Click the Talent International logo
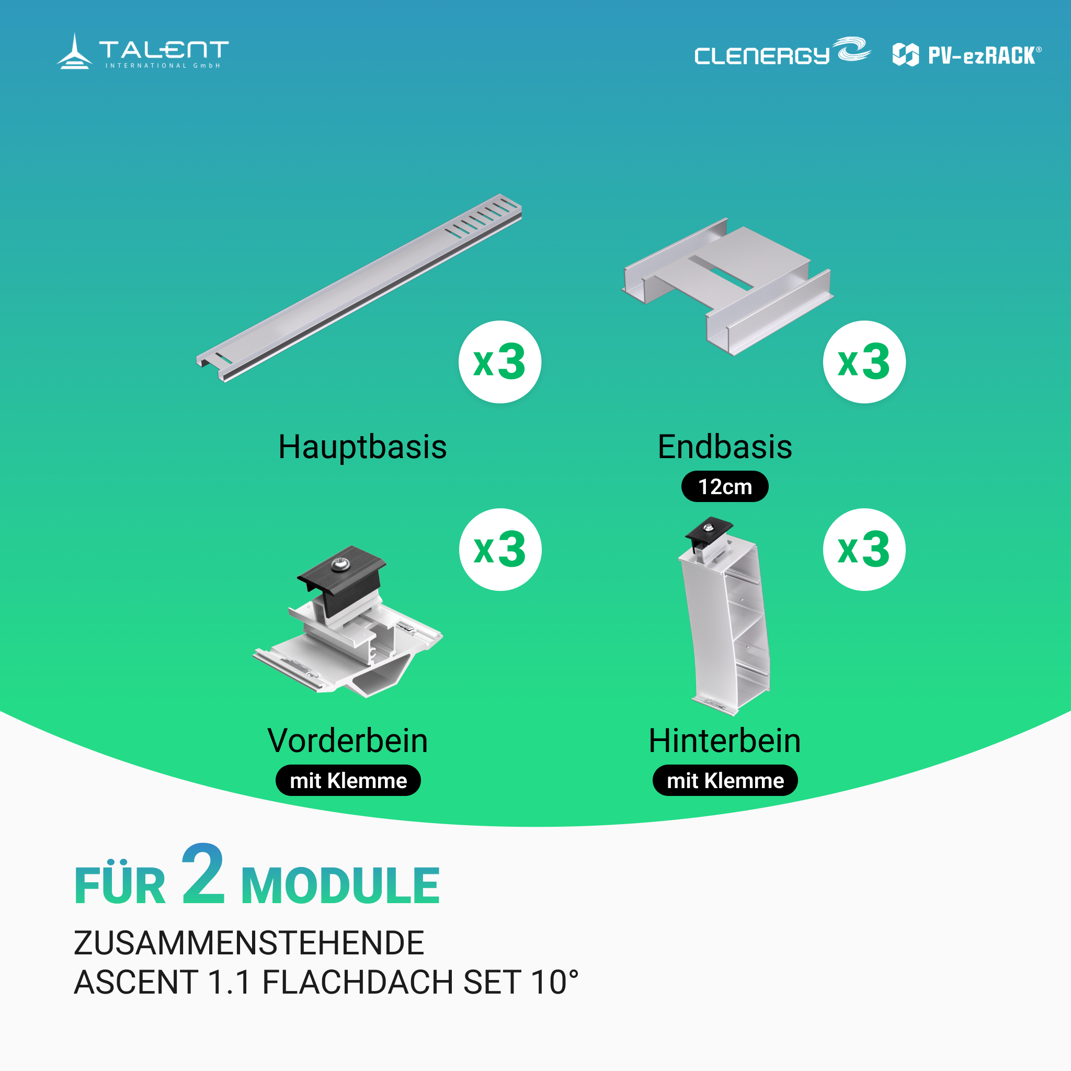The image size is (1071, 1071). coord(142,52)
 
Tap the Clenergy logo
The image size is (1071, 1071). coord(782,52)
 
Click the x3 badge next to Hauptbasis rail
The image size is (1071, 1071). coord(499,362)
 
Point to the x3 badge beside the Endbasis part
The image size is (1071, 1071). coord(864,362)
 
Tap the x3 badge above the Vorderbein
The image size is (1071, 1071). coord(500,550)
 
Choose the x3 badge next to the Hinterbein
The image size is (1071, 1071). coord(864,550)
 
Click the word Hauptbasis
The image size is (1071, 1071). coord(362,447)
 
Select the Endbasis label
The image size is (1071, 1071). coord(724,447)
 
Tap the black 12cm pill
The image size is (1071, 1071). coord(724,487)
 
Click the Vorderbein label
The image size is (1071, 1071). coord(348,740)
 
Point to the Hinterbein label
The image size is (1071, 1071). coord(724,740)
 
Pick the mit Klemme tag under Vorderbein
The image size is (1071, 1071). coord(348,781)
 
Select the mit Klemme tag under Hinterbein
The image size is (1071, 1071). coord(725,781)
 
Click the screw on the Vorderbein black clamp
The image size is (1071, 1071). coord(339,565)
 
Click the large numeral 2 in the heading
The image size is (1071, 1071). coord(203,874)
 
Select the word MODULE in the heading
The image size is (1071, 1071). coord(340,886)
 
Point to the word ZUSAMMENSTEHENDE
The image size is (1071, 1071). coord(249,943)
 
